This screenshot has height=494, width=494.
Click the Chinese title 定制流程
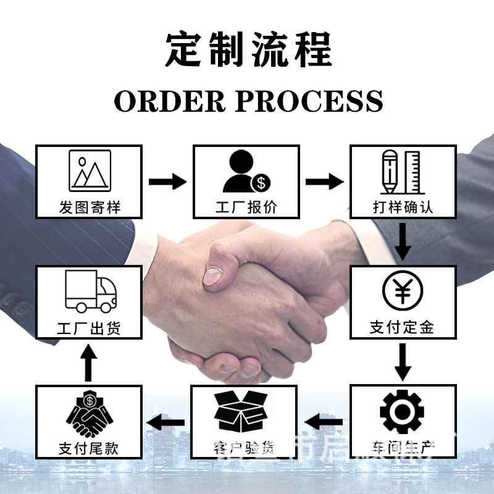pos(248,49)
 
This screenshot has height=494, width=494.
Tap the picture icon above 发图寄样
pos(90,170)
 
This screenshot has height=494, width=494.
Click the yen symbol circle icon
pos(403,291)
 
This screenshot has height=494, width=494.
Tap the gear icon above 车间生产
pos(403,411)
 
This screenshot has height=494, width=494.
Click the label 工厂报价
pos(246,206)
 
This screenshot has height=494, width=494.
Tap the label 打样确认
pos(403,206)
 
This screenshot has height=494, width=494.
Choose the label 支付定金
pos(403,326)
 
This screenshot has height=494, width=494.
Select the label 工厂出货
pos(89,327)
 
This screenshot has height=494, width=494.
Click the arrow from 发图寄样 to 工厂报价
pos(167,182)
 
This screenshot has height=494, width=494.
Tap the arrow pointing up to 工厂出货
pos(90,362)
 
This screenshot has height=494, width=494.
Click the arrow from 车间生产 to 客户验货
pos(324,422)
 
